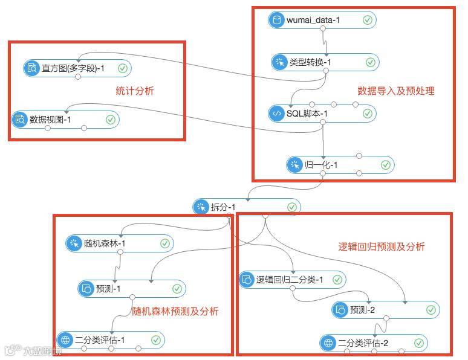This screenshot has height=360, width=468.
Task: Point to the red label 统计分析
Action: click(x=135, y=91)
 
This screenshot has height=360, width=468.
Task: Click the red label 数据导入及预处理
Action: click(x=396, y=91)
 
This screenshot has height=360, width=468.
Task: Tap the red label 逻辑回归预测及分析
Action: click(x=381, y=246)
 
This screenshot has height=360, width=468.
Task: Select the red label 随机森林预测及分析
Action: click(x=175, y=312)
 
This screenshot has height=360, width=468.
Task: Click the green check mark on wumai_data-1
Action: click(x=368, y=20)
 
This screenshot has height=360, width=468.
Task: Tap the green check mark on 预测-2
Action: click(x=431, y=310)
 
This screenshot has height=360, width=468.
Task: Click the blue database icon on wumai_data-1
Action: click(x=277, y=20)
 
